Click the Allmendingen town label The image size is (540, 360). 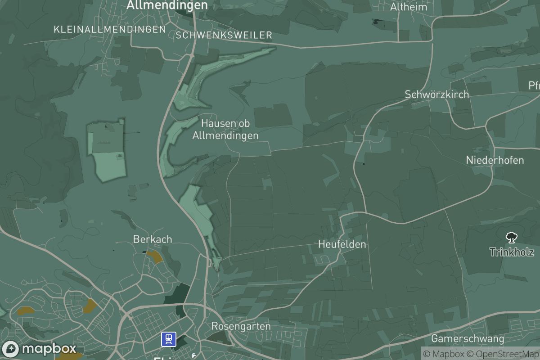(167, 5)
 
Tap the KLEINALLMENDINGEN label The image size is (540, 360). (110, 30)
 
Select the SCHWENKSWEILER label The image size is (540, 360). (225, 35)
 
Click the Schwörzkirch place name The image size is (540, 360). (436, 94)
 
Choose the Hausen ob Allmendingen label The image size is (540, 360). (225, 129)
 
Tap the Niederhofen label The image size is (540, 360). (495, 160)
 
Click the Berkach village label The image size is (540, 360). (153, 239)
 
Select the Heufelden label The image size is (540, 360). (342, 244)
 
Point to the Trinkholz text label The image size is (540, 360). (512, 252)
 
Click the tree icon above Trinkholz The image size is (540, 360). (511, 238)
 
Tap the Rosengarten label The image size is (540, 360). (241, 326)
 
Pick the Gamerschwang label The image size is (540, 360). (468, 338)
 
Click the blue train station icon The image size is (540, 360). (169, 339)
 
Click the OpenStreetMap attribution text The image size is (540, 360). (502, 354)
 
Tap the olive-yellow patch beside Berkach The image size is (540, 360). (155, 257)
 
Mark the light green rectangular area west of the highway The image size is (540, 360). (107, 151)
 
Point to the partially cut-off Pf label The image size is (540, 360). (534, 85)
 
